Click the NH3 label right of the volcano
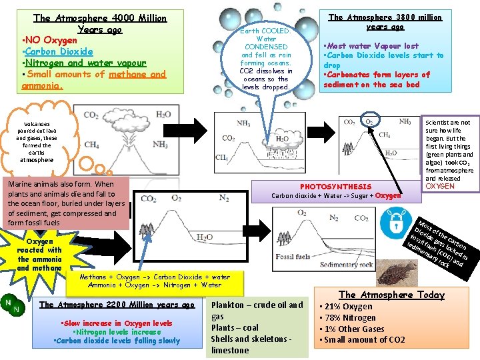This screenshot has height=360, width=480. point(160,145)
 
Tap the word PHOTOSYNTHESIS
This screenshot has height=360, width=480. point(335,187)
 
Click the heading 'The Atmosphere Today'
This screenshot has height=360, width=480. point(391,295)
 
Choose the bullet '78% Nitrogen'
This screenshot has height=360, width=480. point(350,318)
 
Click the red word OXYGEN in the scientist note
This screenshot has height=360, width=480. point(440,186)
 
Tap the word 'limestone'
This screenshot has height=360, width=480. point(230,350)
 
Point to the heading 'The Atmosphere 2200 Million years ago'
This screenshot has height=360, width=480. point(117,305)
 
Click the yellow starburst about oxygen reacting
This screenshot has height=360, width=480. point(40,253)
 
